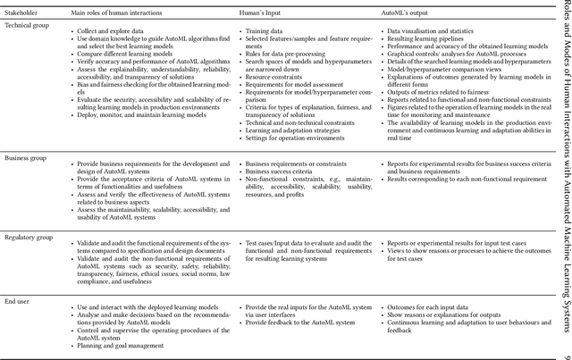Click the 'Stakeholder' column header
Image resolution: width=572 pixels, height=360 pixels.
pos(23,13)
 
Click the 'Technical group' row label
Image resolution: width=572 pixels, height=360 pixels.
pos(27,26)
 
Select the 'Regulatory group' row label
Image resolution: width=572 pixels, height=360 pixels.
pos(29,239)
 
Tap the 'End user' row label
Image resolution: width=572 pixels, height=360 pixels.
pos(19,305)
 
